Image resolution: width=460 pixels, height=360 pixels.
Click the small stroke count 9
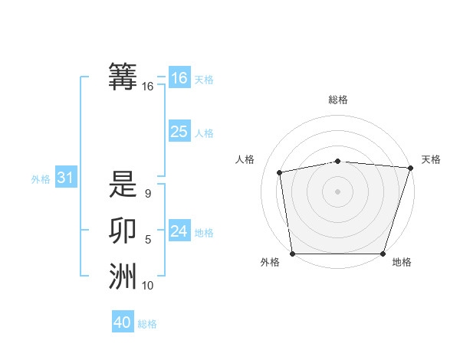click(x=147, y=195)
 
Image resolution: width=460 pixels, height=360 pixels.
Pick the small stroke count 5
click(x=147, y=240)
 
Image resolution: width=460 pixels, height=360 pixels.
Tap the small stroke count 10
click(x=147, y=286)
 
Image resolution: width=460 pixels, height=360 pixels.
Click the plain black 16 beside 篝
click(x=147, y=87)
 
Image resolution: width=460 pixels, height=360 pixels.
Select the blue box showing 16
click(x=179, y=77)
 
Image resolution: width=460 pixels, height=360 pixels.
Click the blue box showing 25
click(x=179, y=132)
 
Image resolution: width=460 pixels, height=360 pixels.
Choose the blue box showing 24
click(x=179, y=231)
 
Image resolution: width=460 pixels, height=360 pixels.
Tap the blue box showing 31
click(x=66, y=178)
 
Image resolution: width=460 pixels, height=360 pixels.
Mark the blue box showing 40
click(x=123, y=322)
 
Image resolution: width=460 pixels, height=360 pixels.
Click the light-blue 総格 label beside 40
click(x=147, y=324)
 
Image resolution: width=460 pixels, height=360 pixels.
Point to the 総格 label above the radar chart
click(x=338, y=100)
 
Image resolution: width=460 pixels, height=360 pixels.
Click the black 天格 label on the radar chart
click(x=431, y=159)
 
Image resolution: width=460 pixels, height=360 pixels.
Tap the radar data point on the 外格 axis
click(x=292, y=254)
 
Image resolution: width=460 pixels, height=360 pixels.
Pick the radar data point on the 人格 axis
click(x=280, y=172)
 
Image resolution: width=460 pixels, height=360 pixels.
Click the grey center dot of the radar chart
click(x=338, y=191)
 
